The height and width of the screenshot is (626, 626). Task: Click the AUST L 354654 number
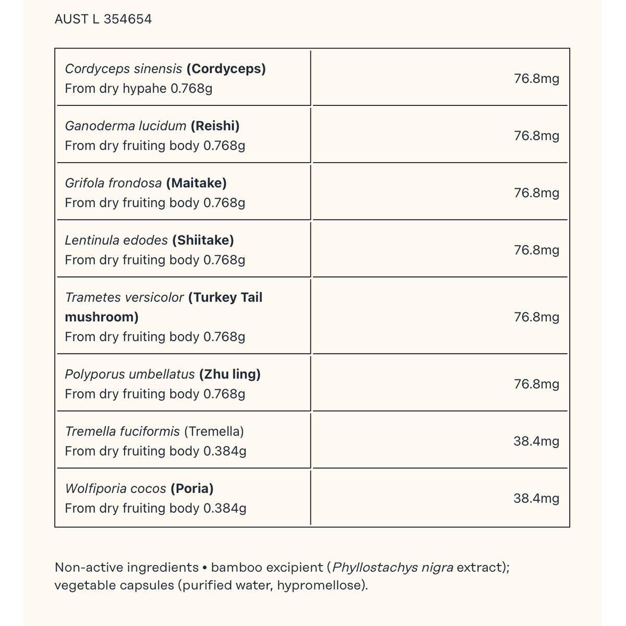pyautogui.click(x=103, y=19)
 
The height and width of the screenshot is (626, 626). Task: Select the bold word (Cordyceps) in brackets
pyautogui.click(x=226, y=69)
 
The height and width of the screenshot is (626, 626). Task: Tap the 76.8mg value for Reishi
pyautogui.click(x=536, y=136)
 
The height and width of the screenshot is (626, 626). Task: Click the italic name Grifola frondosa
pyautogui.click(x=113, y=183)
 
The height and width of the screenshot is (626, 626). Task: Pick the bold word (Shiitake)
pyautogui.click(x=203, y=240)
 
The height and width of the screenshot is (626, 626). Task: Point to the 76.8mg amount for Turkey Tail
pyautogui.click(x=536, y=317)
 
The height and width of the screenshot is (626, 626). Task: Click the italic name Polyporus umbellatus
pyautogui.click(x=130, y=375)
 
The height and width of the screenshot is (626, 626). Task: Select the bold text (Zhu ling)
pyautogui.click(x=230, y=375)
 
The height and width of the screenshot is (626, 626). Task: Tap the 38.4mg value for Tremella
pyautogui.click(x=536, y=441)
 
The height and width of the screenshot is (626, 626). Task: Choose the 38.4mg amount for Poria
pyautogui.click(x=536, y=498)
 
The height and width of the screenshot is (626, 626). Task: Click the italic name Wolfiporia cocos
pyautogui.click(x=116, y=489)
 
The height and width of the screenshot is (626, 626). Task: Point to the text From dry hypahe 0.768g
pyautogui.click(x=139, y=89)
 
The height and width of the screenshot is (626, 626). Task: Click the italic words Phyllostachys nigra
pyautogui.click(x=393, y=568)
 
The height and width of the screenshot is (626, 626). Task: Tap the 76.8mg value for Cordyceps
pyautogui.click(x=536, y=79)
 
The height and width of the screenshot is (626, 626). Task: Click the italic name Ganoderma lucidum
pyautogui.click(x=126, y=126)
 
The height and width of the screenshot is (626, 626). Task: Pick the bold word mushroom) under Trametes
pyautogui.click(x=102, y=317)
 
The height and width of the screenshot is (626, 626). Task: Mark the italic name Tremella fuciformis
pyautogui.click(x=123, y=432)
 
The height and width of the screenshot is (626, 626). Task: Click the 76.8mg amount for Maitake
pyautogui.click(x=536, y=193)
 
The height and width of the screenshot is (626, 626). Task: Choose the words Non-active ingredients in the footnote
pyautogui.click(x=127, y=568)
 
